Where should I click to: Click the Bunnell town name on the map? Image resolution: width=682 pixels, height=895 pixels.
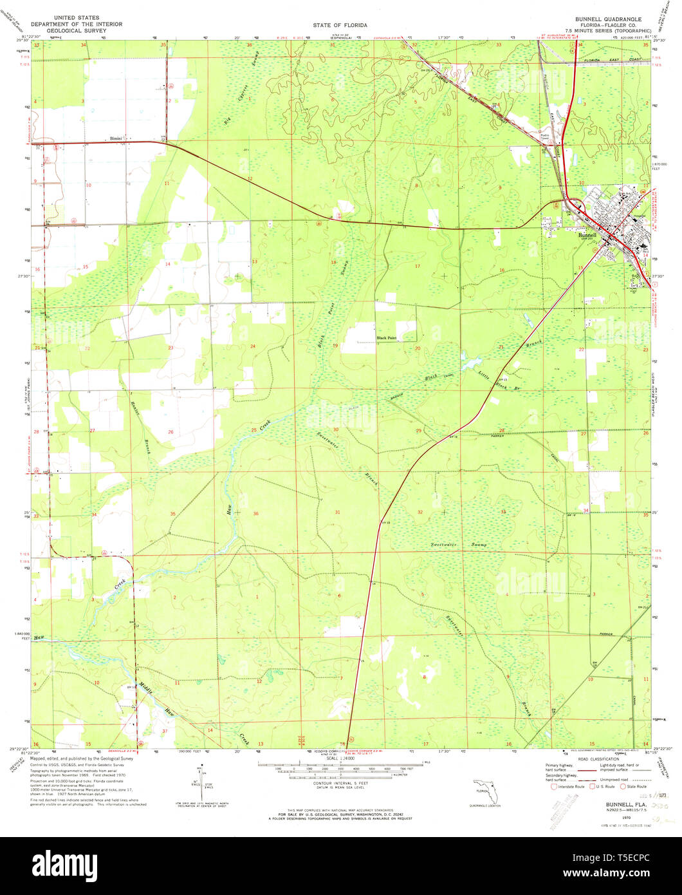point(587,236)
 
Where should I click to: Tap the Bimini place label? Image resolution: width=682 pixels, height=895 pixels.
point(116,138)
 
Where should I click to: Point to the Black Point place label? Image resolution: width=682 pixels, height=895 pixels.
point(387,337)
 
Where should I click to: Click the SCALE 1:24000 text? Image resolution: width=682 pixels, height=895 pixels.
point(340,758)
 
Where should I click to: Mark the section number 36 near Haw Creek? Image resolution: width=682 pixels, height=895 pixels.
point(256,513)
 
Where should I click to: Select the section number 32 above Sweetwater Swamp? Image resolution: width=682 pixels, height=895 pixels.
point(420,512)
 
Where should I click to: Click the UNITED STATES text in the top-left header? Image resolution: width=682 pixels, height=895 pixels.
point(71,19)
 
